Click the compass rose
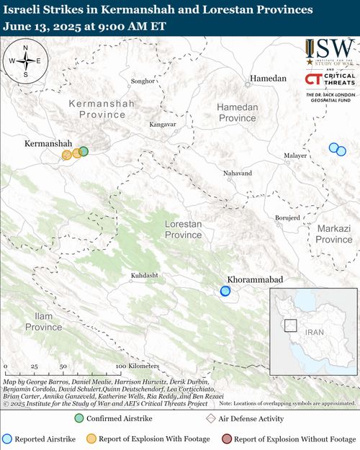click(x=25, y=60)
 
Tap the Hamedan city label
click(x=268, y=78)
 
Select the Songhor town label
click(x=141, y=81)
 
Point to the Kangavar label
click(x=163, y=124)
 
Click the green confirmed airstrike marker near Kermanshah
click(x=84, y=151)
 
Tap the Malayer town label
click(x=296, y=155)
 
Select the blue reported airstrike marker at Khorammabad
click(x=225, y=291)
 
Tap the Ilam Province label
click(x=44, y=321)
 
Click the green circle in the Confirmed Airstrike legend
click(x=80, y=418)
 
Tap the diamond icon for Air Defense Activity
click(x=212, y=418)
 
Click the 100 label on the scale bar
click(x=121, y=366)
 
